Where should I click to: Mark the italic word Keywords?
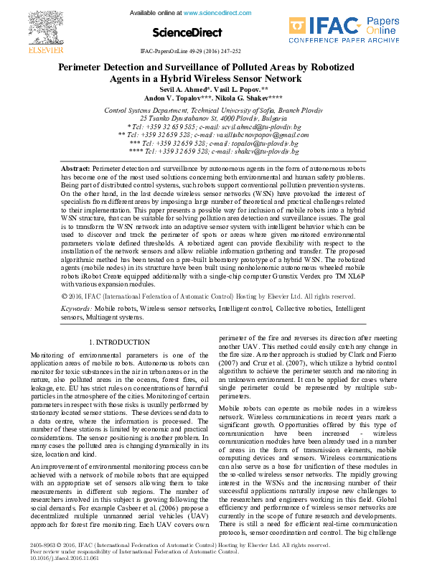tap(77, 327)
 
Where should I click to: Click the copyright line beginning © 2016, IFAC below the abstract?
tap(208, 315)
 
